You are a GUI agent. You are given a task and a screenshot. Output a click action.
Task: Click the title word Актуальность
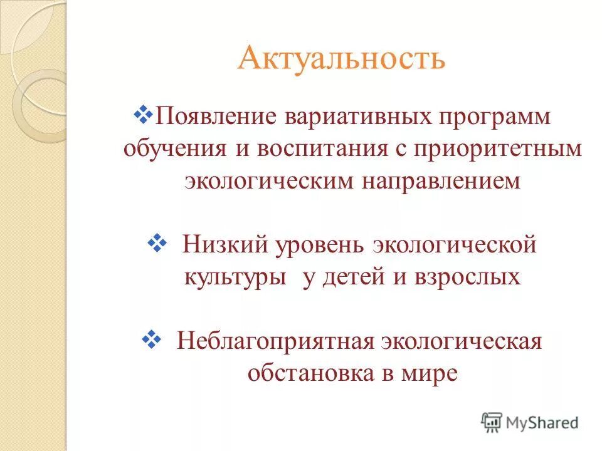(x=341, y=58)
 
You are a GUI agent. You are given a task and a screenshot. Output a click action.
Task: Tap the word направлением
(x=440, y=181)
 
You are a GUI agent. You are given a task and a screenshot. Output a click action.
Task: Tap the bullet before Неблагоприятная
(x=152, y=339)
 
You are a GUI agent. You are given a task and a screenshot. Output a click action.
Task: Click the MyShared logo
(x=530, y=422)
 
